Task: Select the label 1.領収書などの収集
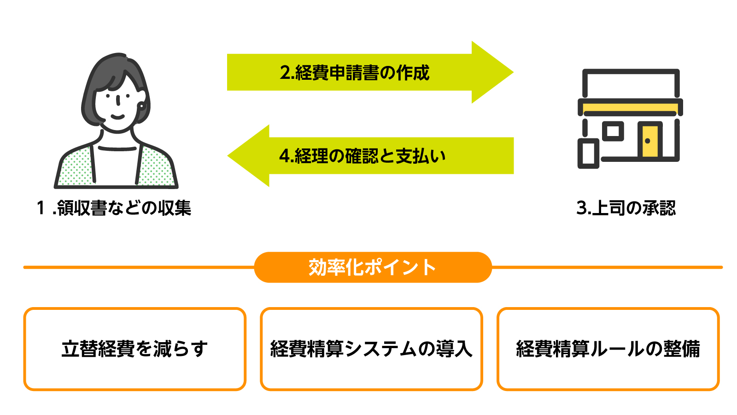coord(114,208)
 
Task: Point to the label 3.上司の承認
coord(626,208)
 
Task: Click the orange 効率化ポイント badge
coord(373,267)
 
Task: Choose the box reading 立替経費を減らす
coord(135,349)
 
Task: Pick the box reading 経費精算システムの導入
coord(371,349)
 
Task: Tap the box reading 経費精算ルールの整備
coord(608,349)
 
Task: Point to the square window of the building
coord(613,131)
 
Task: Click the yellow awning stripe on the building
coord(630,108)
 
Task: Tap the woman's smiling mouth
coord(117,117)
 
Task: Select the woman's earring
coord(142,106)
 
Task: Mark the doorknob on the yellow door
coord(647,141)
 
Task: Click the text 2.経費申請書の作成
coord(354,73)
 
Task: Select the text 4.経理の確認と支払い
coord(362,156)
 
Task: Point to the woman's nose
coord(119,101)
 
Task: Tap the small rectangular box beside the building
coord(588,154)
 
